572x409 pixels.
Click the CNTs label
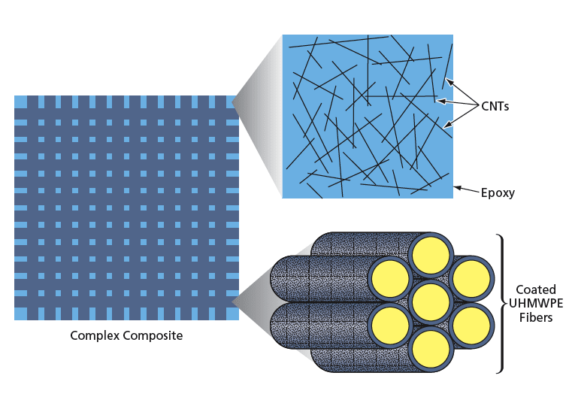tap(495, 107)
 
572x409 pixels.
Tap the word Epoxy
tap(498, 192)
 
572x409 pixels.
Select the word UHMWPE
tap(536, 304)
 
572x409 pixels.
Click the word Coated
tap(535, 290)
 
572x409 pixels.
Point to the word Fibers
tap(535, 317)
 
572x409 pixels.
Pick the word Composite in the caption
tap(153, 335)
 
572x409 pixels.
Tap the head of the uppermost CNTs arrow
tap(446, 81)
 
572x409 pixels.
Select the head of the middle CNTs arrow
tap(439, 101)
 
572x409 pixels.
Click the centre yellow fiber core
tap(431, 301)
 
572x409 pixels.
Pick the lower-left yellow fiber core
tap(390, 324)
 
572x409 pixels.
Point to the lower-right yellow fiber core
tap(471, 324)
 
